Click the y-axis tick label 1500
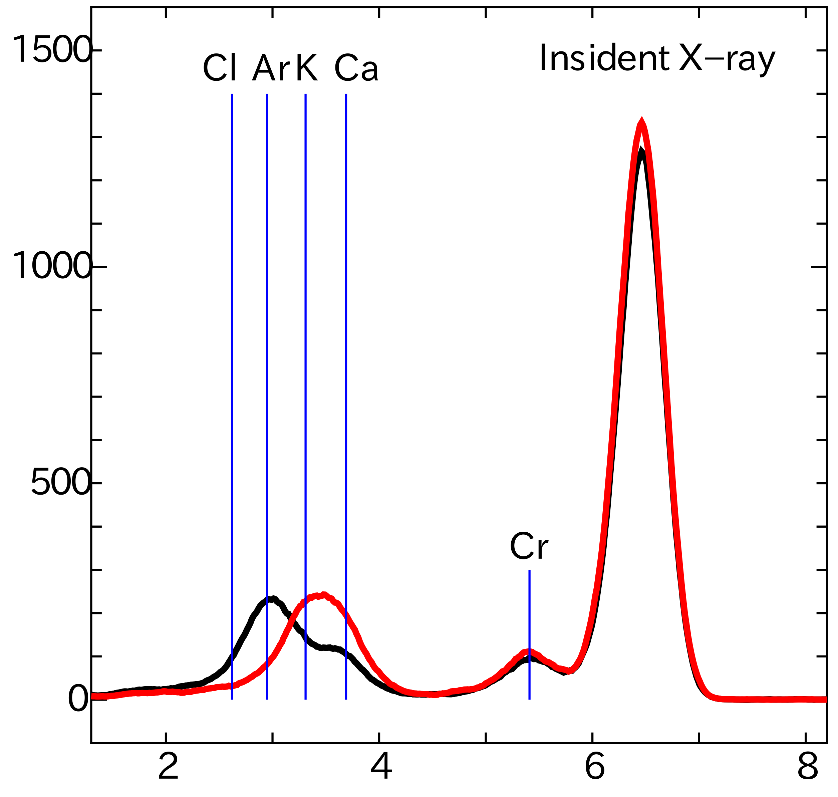(x=52, y=50)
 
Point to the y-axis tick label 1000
(x=52, y=266)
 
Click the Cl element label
(x=219, y=68)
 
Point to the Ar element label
(x=271, y=68)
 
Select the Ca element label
(x=356, y=68)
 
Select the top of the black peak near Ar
(x=271, y=599)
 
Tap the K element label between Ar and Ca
(x=307, y=68)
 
